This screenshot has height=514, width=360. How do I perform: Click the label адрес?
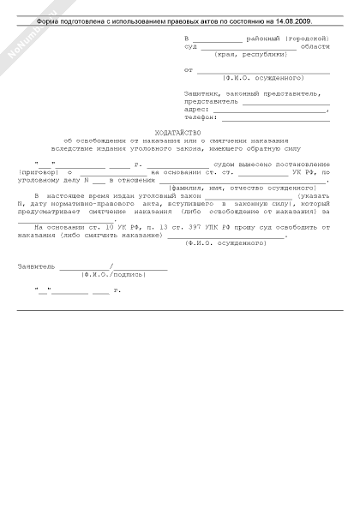pyautogui.click(x=196, y=110)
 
